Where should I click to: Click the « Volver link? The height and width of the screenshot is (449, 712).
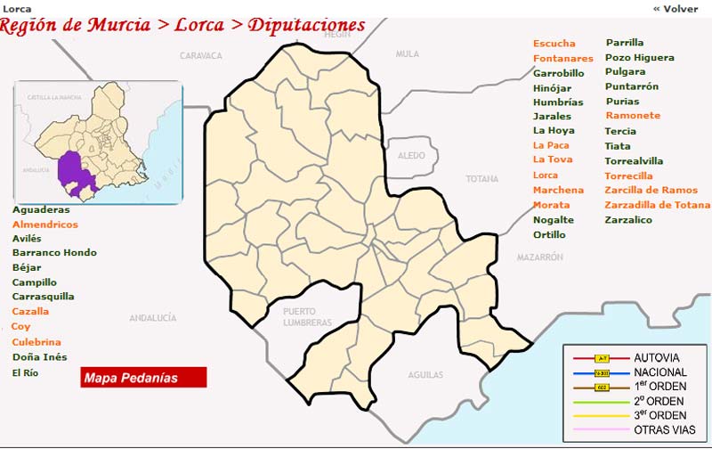click(x=676, y=8)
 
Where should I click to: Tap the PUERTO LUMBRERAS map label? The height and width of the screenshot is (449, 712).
click(x=306, y=316)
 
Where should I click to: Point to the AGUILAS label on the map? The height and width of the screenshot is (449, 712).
click(x=425, y=375)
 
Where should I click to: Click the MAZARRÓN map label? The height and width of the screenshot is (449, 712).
click(x=540, y=257)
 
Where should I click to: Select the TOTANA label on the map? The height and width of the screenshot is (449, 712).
click(x=482, y=179)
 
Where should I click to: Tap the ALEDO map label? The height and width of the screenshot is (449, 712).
click(x=411, y=155)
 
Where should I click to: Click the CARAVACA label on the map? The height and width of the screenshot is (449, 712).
click(x=200, y=55)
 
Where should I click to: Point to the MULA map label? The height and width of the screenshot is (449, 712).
click(x=407, y=54)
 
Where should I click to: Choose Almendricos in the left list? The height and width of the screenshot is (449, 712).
click(x=45, y=224)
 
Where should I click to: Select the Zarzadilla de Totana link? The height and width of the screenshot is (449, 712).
click(x=657, y=205)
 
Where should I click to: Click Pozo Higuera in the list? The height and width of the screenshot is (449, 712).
click(x=639, y=58)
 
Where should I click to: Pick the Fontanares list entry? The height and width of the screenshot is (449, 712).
click(x=563, y=59)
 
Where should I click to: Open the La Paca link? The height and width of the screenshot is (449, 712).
click(x=552, y=145)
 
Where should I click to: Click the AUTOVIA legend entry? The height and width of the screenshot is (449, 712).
click(x=656, y=357)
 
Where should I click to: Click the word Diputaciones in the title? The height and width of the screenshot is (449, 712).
click(x=305, y=24)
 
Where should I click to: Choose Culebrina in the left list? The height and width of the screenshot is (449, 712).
click(x=36, y=342)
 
